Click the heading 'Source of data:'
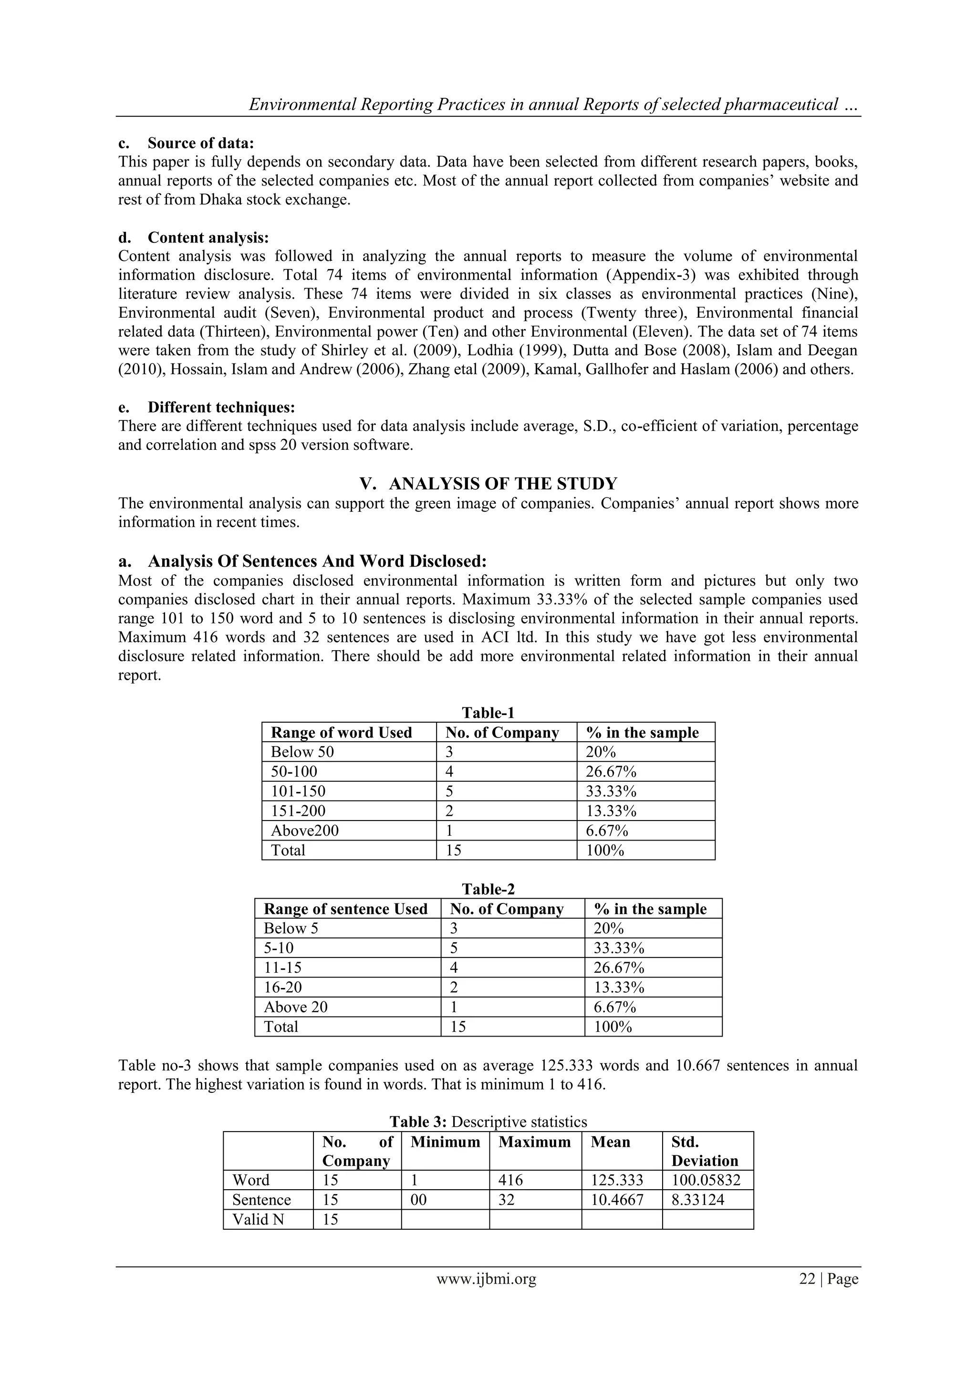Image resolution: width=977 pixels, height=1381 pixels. pyautogui.click(x=201, y=143)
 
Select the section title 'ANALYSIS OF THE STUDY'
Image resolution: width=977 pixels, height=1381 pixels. pyautogui.click(x=503, y=484)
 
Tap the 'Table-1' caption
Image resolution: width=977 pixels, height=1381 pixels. pyautogui.click(x=488, y=713)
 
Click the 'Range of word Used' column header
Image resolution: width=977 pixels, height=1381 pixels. pyautogui.click(x=341, y=733)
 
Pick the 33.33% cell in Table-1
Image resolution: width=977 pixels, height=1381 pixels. pyautogui.click(x=611, y=791)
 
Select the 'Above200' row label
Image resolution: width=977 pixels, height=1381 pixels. pyautogui.click(x=304, y=831)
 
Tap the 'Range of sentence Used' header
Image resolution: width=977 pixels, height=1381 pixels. pyautogui.click(x=345, y=909)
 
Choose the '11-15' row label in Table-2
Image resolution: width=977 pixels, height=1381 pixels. pyautogui.click(x=283, y=968)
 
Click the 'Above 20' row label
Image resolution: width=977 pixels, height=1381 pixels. pyautogui.click(x=295, y=1007)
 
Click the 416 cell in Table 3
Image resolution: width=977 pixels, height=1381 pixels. pyautogui.click(x=511, y=1180)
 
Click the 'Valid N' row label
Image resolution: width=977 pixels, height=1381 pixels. pyautogui.click(x=258, y=1219)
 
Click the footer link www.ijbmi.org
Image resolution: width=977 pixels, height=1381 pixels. pyautogui.click(x=486, y=1279)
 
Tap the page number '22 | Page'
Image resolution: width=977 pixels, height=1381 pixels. pyautogui.click(x=828, y=1279)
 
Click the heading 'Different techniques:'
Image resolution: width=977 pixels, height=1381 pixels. pyautogui.click(x=221, y=407)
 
